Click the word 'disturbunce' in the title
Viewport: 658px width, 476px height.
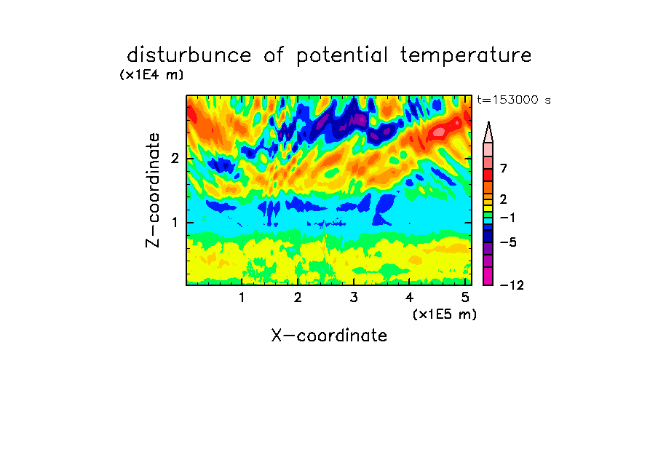tap(189, 55)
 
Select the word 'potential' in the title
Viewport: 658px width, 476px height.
tap(342, 55)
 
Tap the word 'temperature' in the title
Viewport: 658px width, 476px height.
tap(466, 55)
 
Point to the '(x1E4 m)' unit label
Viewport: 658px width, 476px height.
tap(151, 75)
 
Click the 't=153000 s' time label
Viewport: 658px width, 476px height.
tap(514, 100)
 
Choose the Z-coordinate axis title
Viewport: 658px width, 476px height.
tap(153, 190)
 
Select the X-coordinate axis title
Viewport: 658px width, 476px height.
tap(329, 336)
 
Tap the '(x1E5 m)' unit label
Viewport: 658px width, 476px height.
tap(445, 314)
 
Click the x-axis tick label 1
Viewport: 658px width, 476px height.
tap(242, 298)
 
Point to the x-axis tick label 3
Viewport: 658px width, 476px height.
tap(354, 298)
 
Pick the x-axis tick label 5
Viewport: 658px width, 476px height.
tap(465, 298)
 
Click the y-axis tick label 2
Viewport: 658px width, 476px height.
tap(175, 159)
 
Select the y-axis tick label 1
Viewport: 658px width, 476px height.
tap(175, 223)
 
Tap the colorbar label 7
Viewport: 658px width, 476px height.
tap(504, 168)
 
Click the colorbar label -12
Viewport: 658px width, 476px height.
tap(512, 285)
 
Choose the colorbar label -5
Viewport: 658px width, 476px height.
tap(508, 242)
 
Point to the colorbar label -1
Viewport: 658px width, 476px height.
tap(507, 218)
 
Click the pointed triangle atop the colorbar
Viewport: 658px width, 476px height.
tap(488, 132)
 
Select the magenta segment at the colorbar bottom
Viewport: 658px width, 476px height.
tap(488, 276)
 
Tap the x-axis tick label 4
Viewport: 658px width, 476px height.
tap(410, 298)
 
